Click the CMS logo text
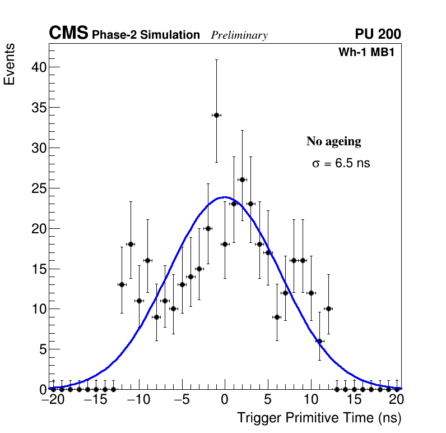[x=68, y=34]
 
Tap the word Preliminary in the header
[x=239, y=35]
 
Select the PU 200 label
[x=378, y=34]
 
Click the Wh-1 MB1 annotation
[x=369, y=52]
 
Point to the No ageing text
[x=333, y=141]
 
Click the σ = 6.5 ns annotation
[x=341, y=164]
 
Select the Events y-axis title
[x=10, y=64]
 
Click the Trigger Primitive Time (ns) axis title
[x=319, y=418]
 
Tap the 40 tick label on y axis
[x=37, y=67]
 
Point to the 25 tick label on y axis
[x=37, y=188]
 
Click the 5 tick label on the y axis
[x=40, y=349]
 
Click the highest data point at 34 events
[x=216, y=115]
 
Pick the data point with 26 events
[x=242, y=179]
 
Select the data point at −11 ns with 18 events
[x=131, y=244]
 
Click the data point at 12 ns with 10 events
[x=328, y=308]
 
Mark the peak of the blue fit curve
[x=225, y=197]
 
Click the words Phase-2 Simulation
[x=146, y=35]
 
